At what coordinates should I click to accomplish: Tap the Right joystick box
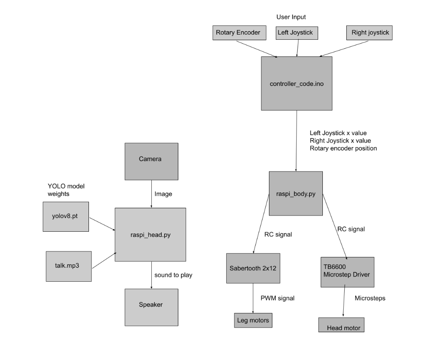369,33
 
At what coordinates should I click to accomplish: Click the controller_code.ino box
296,83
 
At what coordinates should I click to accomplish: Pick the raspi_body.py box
295,194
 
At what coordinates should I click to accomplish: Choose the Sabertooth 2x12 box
253,268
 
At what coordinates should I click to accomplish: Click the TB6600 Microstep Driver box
347,272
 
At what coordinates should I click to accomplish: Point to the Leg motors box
253,320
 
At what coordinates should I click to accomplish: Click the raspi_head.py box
150,234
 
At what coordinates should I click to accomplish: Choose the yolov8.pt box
66,216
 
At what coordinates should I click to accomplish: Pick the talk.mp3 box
68,266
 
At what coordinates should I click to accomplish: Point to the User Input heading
291,17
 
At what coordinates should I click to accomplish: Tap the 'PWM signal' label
278,298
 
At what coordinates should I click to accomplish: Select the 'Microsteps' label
370,298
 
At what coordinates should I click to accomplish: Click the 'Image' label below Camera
163,194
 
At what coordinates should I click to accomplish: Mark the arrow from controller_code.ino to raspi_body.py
296,141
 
